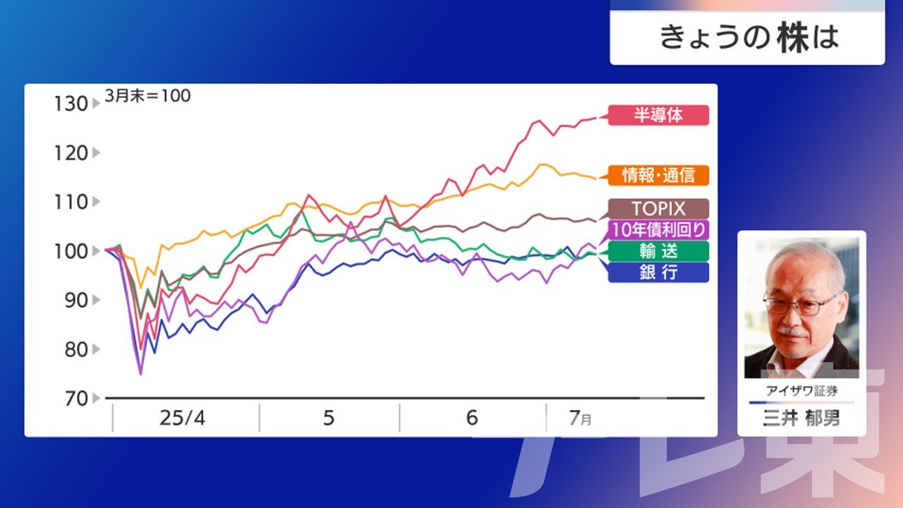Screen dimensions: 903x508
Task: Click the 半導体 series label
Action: pyautogui.click(x=658, y=115)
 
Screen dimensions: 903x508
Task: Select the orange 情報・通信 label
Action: pyautogui.click(x=658, y=176)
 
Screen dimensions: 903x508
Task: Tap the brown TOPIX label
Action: pyautogui.click(x=658, y=209)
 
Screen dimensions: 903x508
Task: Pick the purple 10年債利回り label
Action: pyautogui.click(x=658, y=230)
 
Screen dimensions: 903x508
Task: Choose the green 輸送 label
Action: pyautogui.click(x=658, y=251)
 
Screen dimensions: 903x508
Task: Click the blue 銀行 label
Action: pyautogui.click(x=658, y=272)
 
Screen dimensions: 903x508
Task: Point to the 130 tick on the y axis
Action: pyautogui.click(x=71, y=104)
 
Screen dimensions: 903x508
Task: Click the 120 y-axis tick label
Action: pyautogui.click(x=71, y=153)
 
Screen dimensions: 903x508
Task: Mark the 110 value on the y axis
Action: pyautogui.click(x=71, y=202)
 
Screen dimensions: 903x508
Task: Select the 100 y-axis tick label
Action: pyautogui.click(x=71, y=252)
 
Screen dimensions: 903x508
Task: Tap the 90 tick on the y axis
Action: pyautogui.click(x=76, y=301)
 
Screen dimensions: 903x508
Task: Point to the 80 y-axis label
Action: pyautogui.click(x=76, y=349)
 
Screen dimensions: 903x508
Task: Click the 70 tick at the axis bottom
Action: pyautogui.click(x=76, y=399)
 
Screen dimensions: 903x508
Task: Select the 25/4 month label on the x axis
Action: pyautogui.click(x=183, y=418)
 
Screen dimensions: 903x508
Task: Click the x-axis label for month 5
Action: pyautogui.click(x=329, y=418)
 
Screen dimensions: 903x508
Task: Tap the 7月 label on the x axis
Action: pyautogui.click(x=580, y=418)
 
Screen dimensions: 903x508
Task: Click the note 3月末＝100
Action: pyautogui.click(x=147, y=96)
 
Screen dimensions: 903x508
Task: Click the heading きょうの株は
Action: pyautogui.click(x=749, y=37)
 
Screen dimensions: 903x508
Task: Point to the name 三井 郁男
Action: pyautogui.click(x=801, y=418)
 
